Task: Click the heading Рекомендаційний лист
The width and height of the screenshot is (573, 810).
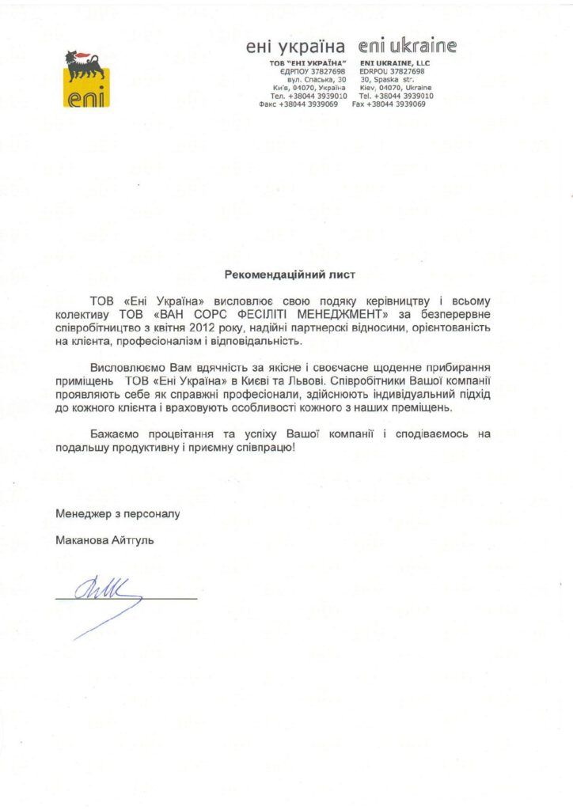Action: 286,275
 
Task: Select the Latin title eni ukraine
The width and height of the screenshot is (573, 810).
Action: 408,46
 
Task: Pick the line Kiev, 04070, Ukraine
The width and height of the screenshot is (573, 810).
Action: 396,88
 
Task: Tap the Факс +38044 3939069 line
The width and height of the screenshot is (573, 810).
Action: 302,104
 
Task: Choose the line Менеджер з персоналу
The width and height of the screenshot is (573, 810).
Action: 118,513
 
